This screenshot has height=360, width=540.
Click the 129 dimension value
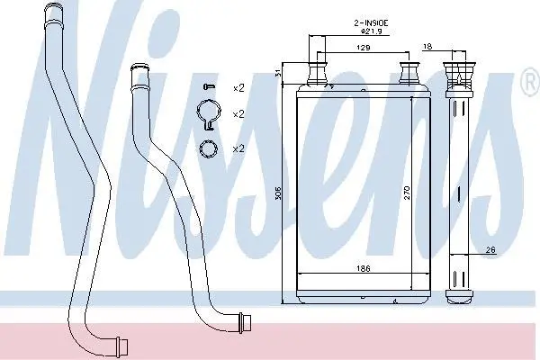tap(363, 48)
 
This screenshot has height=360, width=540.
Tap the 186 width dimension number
tap(363, 268)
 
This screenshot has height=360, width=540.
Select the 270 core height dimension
tap(407, 193)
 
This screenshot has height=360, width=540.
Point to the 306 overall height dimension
tap(279, 193)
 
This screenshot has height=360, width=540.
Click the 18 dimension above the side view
tap(427, 46)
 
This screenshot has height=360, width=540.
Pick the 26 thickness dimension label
tap(490, 250)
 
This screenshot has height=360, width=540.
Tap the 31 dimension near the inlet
tap(279, 73)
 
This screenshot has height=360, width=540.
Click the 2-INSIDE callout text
tap(371, 23)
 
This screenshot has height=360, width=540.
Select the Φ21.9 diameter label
tap(371, 31)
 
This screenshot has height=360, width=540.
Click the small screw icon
tap(209, 85)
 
